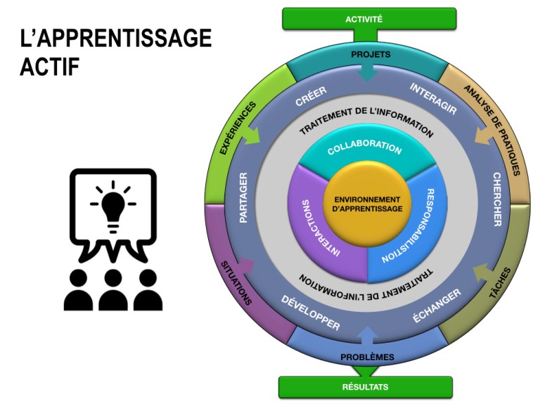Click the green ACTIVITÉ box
(x=368, y=19)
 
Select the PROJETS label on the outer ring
(x=370, y=54)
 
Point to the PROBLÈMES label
(x=367, y=357)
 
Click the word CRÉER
(x=310, y=97)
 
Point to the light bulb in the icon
(x=113, y=206)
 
